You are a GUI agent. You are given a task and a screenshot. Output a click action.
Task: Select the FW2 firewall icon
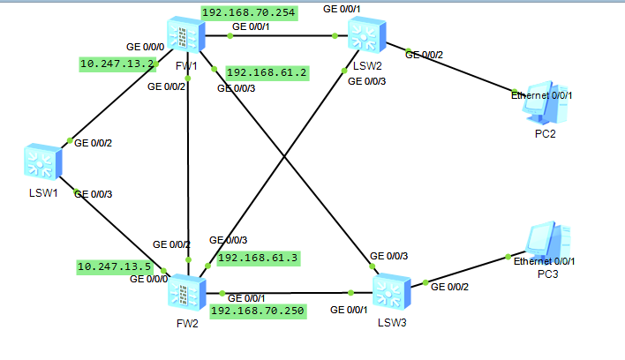tap(186, 291)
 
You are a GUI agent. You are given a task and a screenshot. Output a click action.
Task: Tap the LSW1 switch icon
tap(41, 161)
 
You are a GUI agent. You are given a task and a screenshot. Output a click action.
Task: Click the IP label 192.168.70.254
tap(249, 12)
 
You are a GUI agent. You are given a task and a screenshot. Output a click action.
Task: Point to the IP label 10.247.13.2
tap(117, 64)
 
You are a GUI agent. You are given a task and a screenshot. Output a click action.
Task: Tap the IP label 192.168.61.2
tap(267, 72)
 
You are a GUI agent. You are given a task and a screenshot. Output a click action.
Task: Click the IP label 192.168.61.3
tap(258, 258)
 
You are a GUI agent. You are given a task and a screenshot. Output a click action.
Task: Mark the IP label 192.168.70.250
tap(258, 311)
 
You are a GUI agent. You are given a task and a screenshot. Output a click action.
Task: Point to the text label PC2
tap(545, 133)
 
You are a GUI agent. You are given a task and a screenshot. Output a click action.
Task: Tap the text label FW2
tap(186, 324)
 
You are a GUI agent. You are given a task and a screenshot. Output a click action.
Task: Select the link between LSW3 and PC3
tap(468, 270)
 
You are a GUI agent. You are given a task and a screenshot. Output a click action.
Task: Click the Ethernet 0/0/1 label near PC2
tap(542, 94)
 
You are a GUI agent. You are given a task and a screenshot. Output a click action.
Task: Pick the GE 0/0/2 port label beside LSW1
tap(93, 142)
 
